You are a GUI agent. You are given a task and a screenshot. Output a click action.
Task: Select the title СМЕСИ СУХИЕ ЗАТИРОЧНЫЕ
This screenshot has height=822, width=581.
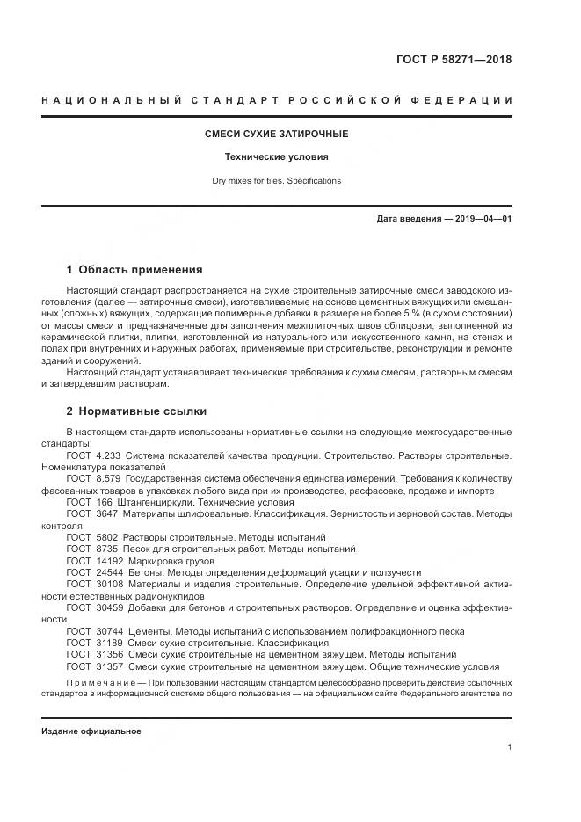[x=277, y=134]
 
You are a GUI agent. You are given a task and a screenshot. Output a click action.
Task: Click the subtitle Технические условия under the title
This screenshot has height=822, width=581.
[x=277, y=157]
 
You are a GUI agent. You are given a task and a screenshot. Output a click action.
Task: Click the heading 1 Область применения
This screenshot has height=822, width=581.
[x=134, y=270]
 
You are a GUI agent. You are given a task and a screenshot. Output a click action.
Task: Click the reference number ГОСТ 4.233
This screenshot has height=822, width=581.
[x=92, y=456]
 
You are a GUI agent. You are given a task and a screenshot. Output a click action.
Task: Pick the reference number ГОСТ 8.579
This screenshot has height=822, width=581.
[x=92, y=479]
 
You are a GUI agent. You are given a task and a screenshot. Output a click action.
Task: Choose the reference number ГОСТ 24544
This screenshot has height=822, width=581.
[x=93, y=571]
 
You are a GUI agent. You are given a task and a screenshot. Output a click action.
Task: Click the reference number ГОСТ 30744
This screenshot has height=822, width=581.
[x=93, y=631]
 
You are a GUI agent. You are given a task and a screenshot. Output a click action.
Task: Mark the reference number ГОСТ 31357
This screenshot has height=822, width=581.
[x=93, y=666]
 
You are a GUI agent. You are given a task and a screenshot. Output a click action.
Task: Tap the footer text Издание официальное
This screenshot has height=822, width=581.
[x=91, y=731]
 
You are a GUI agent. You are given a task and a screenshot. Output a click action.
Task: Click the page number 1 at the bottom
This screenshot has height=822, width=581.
[x=509, y=747]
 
